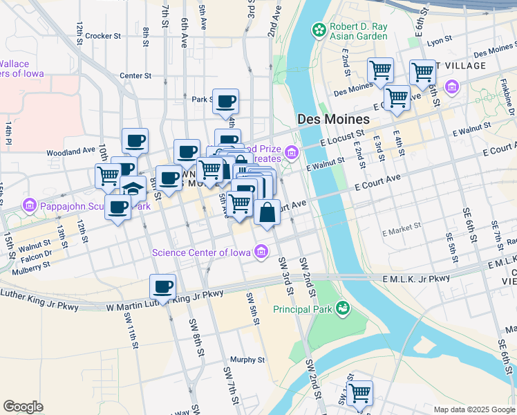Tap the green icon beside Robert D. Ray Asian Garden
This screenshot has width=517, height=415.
coord(319,30)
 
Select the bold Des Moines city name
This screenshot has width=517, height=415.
coord(332,119)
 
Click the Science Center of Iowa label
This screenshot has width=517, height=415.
coord(203,252)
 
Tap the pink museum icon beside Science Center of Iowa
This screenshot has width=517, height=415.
coord(261,252)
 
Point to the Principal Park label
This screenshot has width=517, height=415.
coord(303,308)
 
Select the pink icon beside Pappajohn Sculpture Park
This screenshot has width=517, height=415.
coord(29,205)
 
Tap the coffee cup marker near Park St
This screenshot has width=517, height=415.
coord(225,102)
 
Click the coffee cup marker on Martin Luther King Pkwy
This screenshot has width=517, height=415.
coord(162,286)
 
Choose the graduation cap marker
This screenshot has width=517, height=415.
coord(133,188)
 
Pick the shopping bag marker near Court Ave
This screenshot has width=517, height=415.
coord(267,212)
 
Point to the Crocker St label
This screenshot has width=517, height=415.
coord(104,35)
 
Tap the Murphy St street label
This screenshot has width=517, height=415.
coord(247,360)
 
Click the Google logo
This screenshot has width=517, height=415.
coord(23,407)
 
